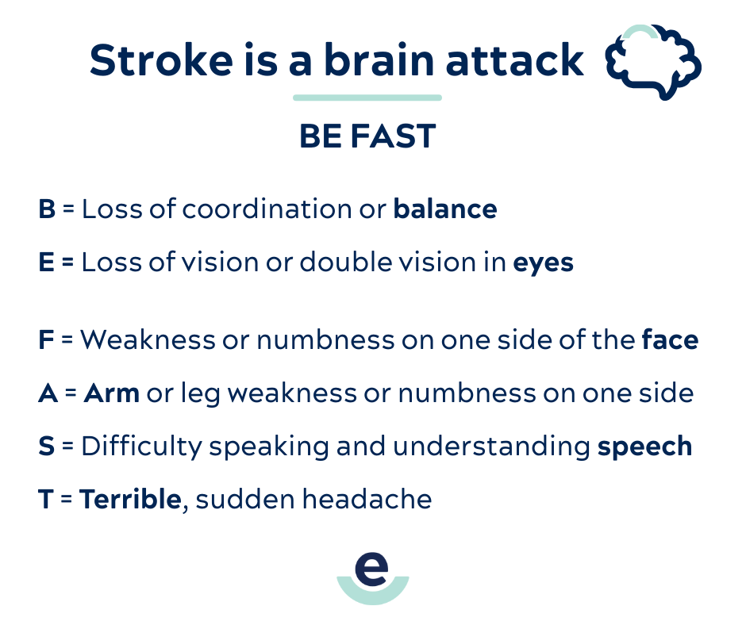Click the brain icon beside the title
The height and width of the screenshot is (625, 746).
tap(653, 62)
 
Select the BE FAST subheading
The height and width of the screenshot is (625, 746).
tap(367, 137)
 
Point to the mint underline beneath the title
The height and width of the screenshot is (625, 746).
tap(367, 98)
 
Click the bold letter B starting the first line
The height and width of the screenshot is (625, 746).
tap(46, 209)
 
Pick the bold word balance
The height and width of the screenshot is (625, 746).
tap(445, 209)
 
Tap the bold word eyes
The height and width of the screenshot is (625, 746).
tap(543, 263)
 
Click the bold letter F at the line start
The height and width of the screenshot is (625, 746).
tap(45, 340)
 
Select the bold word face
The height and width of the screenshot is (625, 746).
tap(670, 340)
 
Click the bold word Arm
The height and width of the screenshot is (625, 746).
tap(111, 393)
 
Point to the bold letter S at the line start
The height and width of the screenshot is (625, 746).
tap(46, 447)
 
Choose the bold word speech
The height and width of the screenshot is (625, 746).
tap(644, 447)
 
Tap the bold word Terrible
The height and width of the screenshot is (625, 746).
tap(130, 499)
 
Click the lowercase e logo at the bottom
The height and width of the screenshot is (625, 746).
tap(372, 573)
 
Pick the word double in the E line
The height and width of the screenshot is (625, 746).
tap(346, 263)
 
